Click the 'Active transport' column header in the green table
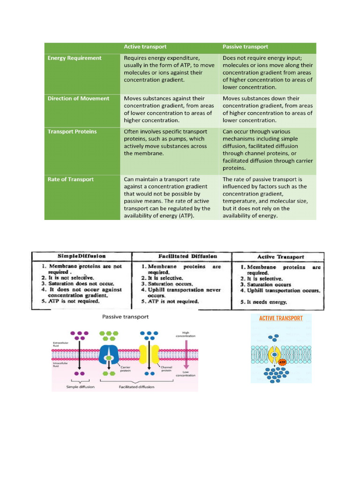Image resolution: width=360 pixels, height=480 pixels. [145, 47]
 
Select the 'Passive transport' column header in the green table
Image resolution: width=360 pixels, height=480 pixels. [245, 47]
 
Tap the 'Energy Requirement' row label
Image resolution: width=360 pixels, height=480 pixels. [75, 58]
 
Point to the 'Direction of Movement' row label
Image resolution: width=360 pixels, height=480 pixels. [78, 98]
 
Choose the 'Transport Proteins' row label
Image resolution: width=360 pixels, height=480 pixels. [72, 132]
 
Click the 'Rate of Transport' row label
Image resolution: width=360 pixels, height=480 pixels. [70, 180]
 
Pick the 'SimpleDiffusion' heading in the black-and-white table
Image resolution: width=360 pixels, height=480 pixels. [82, 256]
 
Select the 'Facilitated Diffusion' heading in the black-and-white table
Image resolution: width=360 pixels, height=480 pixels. [182, 256]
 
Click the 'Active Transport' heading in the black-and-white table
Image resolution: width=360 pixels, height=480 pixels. [281, 257]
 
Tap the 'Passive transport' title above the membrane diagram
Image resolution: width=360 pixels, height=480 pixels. [126, 317]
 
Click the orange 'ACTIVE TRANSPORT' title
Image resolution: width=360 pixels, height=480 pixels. [281, 318]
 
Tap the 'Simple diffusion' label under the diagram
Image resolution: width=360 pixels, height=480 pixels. [80, 387]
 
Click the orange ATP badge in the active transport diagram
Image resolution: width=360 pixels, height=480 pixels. [282, 362]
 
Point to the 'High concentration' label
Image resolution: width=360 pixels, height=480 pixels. [186, 334]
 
